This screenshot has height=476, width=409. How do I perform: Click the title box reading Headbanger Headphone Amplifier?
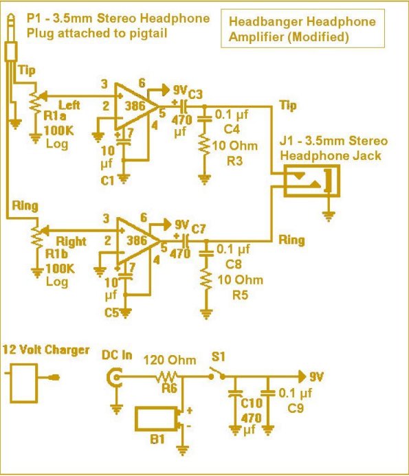[302, 29]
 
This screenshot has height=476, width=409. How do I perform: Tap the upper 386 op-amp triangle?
[136, 105]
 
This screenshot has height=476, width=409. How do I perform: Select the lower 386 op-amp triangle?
[137, 240]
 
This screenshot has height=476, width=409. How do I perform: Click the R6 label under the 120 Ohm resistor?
[169, 388]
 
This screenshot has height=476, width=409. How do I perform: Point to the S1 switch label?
[218, 356]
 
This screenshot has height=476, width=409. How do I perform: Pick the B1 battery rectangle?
[155, 419]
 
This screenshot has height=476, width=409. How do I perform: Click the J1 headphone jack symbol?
[311, 181]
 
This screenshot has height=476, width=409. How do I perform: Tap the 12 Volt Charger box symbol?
[24, 383]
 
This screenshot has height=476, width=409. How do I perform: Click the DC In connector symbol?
[115, 378]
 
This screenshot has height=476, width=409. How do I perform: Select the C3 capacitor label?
[195, 94]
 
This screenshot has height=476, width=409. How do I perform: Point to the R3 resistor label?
[234, 161]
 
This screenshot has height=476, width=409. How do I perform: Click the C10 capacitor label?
[252, 403]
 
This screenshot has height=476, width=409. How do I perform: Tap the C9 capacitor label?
[296, 408]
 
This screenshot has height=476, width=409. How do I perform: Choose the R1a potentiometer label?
[55, 115]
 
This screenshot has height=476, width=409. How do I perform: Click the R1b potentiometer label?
[56, 253]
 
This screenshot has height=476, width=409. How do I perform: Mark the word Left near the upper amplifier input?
[69, 105]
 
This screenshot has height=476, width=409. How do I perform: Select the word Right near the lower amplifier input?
[71, 241]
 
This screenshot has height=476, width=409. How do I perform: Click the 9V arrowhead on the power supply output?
[302, 376]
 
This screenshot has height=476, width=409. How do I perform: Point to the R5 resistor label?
[240, 295]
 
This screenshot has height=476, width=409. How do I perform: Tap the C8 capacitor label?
[233, 264]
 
